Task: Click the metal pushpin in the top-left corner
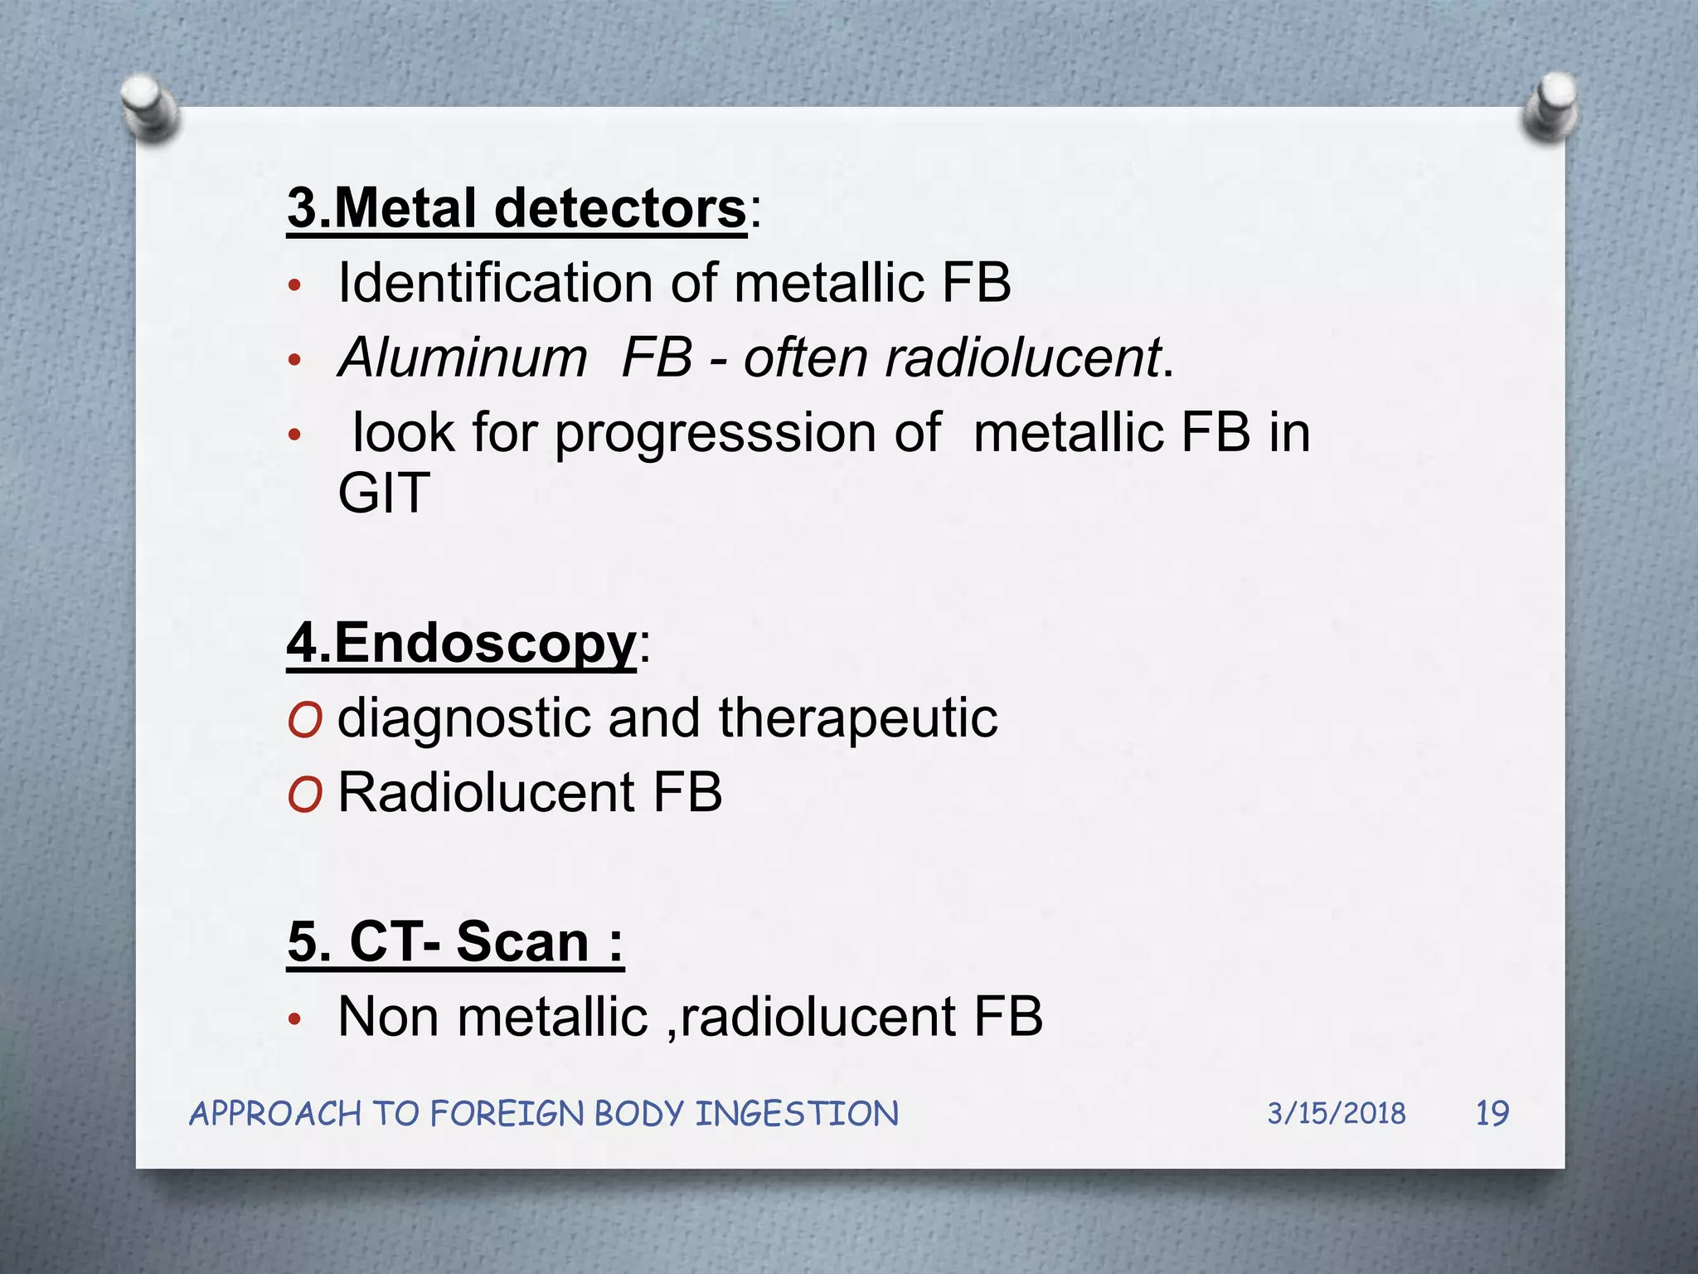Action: click(149, 107)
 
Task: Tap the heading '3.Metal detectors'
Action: click(517, 208)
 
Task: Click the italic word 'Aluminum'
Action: click(463, 357)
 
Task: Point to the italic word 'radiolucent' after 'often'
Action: click(1022, 357)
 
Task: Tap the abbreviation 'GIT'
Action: click(384, 493)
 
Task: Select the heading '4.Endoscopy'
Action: click(461, 643)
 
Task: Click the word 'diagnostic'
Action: click(463, 718)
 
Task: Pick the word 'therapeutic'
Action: click(857, 717)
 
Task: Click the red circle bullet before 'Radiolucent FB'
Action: click(304, 795)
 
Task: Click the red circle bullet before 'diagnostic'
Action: click(304, 720)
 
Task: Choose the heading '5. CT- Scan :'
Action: click(455, 942)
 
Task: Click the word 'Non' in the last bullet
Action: click(388, 1017)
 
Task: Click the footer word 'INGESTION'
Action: click(796, 1114)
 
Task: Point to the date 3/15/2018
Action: click(1336, 1113)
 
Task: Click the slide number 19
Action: click(1492, 1113)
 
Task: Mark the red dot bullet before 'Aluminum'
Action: click(294, 361)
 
